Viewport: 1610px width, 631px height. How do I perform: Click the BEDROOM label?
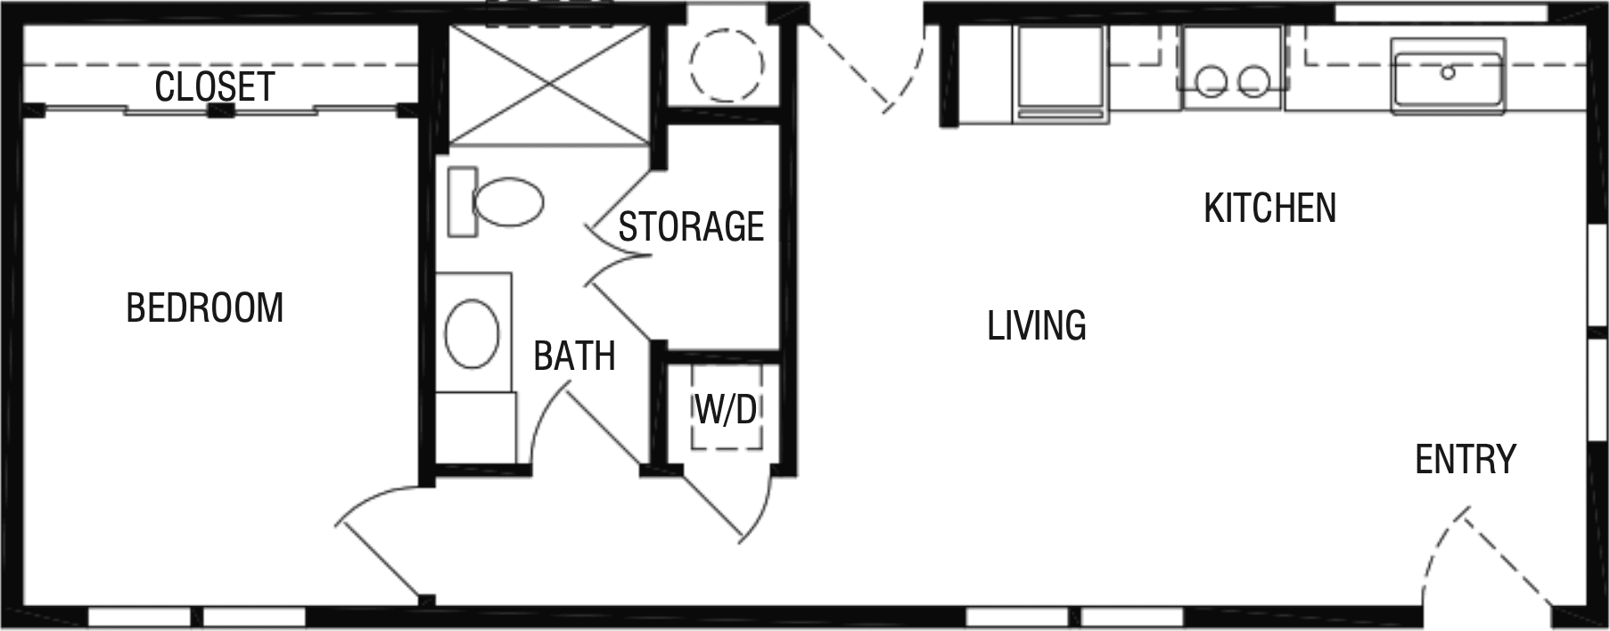coord(204,307)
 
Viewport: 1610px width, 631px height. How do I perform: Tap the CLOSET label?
coord(214,86)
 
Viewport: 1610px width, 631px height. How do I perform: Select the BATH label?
coord(574,356)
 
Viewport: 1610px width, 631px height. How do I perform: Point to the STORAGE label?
coord(691,226)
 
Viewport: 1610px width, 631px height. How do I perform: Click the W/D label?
coord(726,409)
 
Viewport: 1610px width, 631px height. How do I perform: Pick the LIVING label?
coord(1036,325)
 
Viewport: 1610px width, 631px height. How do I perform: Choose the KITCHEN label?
coord(1269,208)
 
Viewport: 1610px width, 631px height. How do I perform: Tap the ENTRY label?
coord(1465,459)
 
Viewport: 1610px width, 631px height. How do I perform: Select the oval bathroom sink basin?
coord(472,332)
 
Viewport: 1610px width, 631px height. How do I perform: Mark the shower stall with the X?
coord(547,85)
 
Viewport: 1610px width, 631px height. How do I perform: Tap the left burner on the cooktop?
coord(1212,82)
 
